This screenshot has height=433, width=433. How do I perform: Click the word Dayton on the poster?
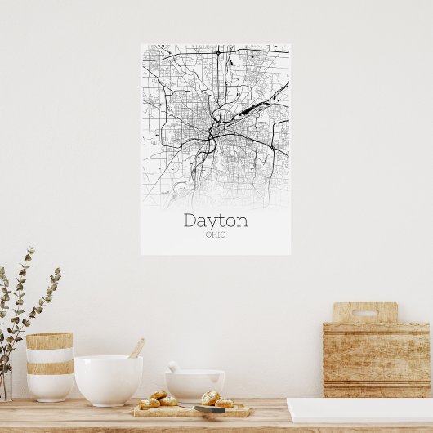tap(216, 221)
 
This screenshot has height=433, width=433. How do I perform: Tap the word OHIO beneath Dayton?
tap(216, 235)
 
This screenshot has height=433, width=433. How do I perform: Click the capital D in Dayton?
tap(190, 221)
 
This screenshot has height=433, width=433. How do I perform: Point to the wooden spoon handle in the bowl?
tap(136, 348)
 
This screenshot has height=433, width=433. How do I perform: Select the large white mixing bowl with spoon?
tap(108, 379)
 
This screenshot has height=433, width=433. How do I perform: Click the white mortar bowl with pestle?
tap(194, 383)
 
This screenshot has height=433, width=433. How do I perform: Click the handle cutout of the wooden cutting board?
tap(364, 312)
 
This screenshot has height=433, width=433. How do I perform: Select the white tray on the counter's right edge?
tap(359, 409)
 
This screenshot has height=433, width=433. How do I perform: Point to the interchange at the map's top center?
tap(218, 53)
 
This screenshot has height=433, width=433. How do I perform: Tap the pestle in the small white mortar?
tap(173, 367)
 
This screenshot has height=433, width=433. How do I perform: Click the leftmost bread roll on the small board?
tap(149, 403)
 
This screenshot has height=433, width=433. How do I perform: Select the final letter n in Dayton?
tap(242, 221)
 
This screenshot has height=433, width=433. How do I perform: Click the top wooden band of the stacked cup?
tap(49, 341)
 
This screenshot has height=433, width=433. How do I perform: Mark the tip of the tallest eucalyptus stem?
tap(31, 250)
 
